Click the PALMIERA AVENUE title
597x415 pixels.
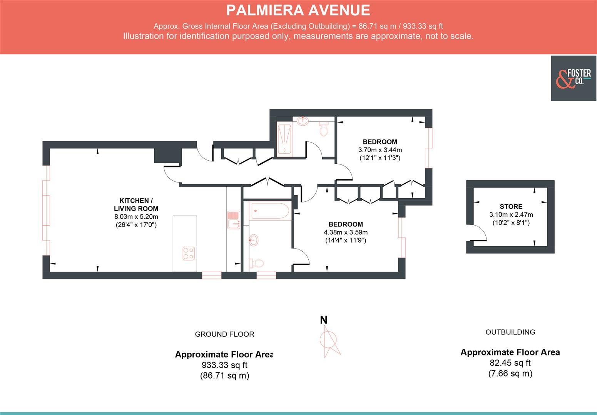click(298, 10)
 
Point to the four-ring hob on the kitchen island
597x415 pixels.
click(188, 253)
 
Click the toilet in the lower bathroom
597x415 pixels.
click(257, 263)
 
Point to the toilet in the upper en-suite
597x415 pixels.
click(324, 129)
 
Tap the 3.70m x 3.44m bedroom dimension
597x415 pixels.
click(380, 150)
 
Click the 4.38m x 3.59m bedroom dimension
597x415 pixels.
click(345, 232)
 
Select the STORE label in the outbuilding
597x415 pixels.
click(511, 206)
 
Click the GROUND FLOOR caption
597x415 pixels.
click(224, 334)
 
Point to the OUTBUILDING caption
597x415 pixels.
click(510, 332)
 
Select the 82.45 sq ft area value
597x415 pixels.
click(510, 363)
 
